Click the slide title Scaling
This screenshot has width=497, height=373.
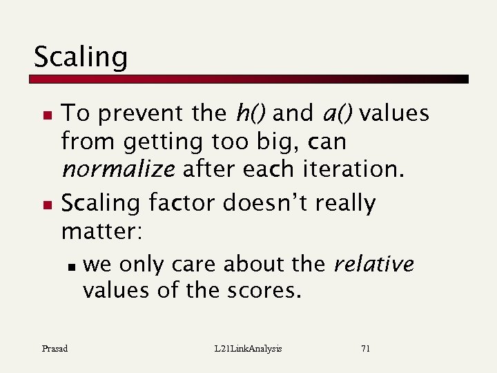pyautogui.click(x=80, y=57)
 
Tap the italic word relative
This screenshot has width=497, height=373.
pyautogui.click(x=373, y=264)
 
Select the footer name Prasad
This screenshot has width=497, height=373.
pyautogui.click(x=54, y=349)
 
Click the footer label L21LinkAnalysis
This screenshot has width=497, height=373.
pyautogui.click(x=248, y=349)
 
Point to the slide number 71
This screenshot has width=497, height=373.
pyautogui.click(x=365, y=349)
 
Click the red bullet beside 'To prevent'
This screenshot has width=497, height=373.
pyautogui.click(x=46, y=113)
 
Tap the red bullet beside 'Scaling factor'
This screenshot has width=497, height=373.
pyautogui.click(x=46, y=204)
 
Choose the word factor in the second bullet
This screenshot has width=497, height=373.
pyautogui.click(x=183, y=203)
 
